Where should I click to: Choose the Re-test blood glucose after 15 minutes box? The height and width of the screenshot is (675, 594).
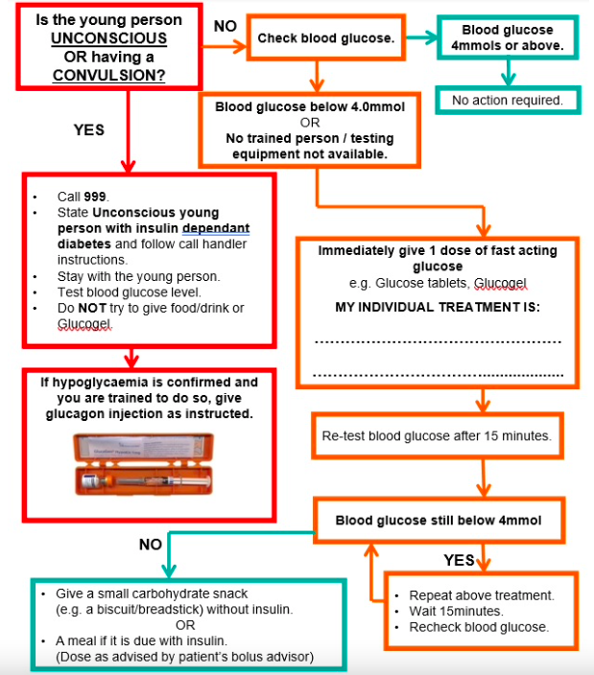pyautogui.click(x=437, y=436)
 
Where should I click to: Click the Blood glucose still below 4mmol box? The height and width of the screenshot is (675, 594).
pyautogui.click(x=437, y=521)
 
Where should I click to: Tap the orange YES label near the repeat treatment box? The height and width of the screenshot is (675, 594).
pyautogui.click(x=460, y=560)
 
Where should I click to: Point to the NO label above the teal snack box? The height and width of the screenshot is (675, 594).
pyautogui.click(x=151, y=545)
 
